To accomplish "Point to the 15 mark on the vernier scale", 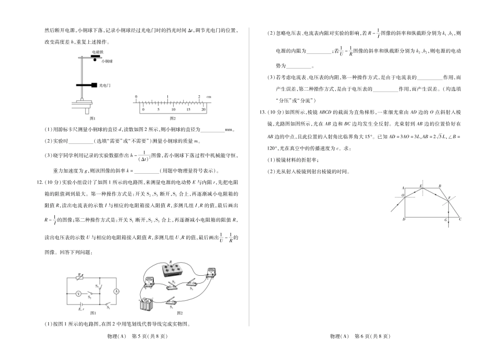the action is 189,110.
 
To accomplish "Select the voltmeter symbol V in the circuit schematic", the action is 78,295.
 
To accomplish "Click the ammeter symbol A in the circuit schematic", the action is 117,291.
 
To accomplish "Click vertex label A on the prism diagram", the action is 403,187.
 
